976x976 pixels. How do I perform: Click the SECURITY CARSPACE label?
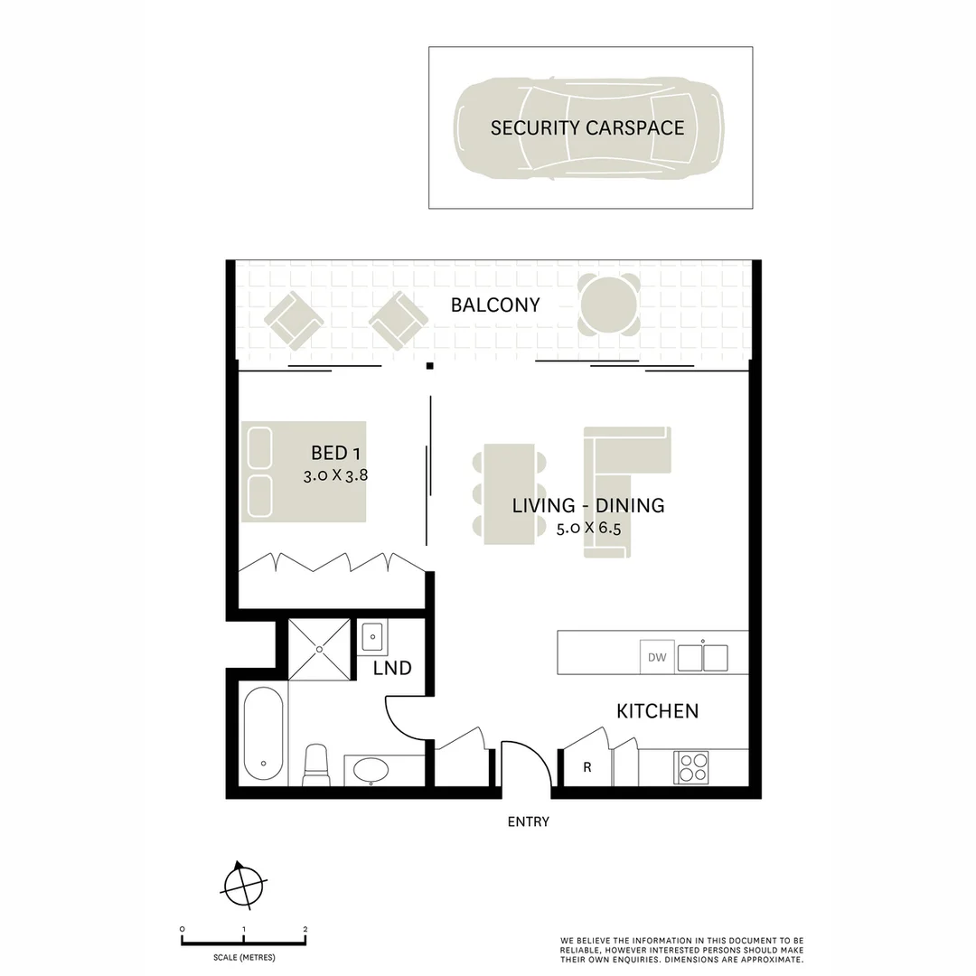pos(587,127)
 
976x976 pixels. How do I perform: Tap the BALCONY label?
pos(495,305)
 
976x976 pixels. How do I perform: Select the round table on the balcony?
pos(610,305)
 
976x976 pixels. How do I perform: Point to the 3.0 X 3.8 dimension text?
pos(336,474)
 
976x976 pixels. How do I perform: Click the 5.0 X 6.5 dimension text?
pos(589,528)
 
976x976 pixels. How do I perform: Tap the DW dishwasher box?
pos(657,657)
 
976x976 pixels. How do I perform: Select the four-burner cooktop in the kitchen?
pos(692,767)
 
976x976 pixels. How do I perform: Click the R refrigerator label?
pos(587,768)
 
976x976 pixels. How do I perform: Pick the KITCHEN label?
pos(657,711)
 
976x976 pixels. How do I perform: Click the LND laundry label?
pos(392,669)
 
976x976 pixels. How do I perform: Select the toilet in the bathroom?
pos(315,764)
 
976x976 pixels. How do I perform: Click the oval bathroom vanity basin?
pos(371,770)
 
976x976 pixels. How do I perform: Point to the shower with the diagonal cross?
pos(319,649)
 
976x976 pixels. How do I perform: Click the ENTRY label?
pos(528,822)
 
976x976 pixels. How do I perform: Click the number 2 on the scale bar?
pos(305,930)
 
